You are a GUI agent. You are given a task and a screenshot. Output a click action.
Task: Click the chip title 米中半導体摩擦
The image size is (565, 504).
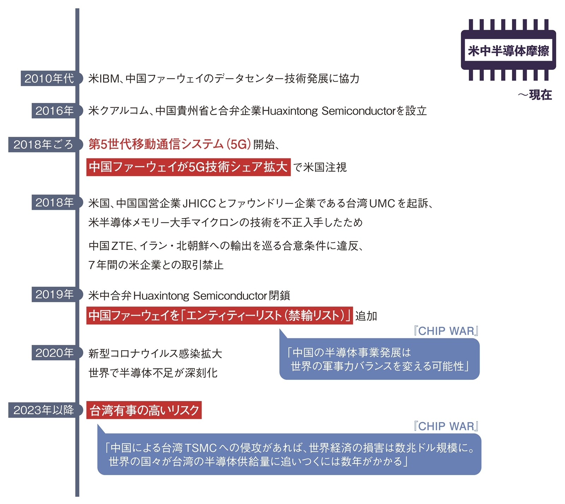point(509,51)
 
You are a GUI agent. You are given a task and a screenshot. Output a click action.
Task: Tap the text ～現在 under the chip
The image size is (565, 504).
point(535,95)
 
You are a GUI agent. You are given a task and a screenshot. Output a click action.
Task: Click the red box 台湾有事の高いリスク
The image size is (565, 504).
point(144,410)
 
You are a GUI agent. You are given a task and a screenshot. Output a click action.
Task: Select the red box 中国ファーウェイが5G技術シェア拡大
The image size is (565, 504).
point(189,167)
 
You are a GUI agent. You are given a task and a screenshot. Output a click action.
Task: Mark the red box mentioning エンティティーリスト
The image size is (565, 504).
point(220,315)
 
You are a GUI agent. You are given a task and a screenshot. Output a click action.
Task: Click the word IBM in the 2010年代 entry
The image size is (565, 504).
point(109,79)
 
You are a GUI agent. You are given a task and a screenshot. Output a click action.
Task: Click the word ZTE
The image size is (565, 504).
point(122,246)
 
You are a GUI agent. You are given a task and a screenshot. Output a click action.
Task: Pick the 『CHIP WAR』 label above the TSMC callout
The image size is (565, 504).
point(446,426)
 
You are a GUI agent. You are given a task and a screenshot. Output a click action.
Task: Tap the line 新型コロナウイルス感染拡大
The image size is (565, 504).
point(155,353)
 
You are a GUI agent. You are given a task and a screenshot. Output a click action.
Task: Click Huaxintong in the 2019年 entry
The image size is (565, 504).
point(162,296)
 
